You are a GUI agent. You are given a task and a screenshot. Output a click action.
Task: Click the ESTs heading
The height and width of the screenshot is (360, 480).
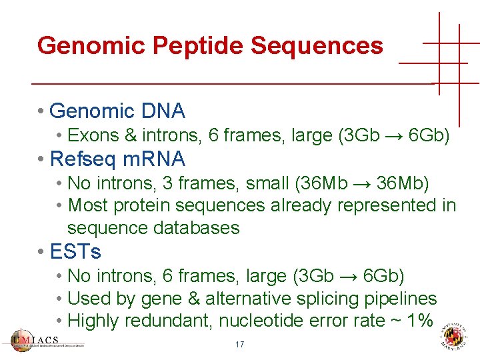coord(75,252)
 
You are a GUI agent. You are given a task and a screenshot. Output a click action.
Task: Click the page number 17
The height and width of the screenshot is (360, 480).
coord(239,345)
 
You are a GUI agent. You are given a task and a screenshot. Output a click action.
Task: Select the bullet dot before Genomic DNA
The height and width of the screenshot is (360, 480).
coord(41,111)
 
